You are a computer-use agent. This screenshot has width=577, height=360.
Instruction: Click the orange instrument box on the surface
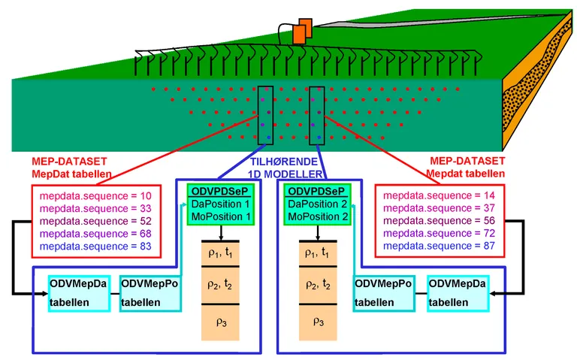point(301,32)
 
